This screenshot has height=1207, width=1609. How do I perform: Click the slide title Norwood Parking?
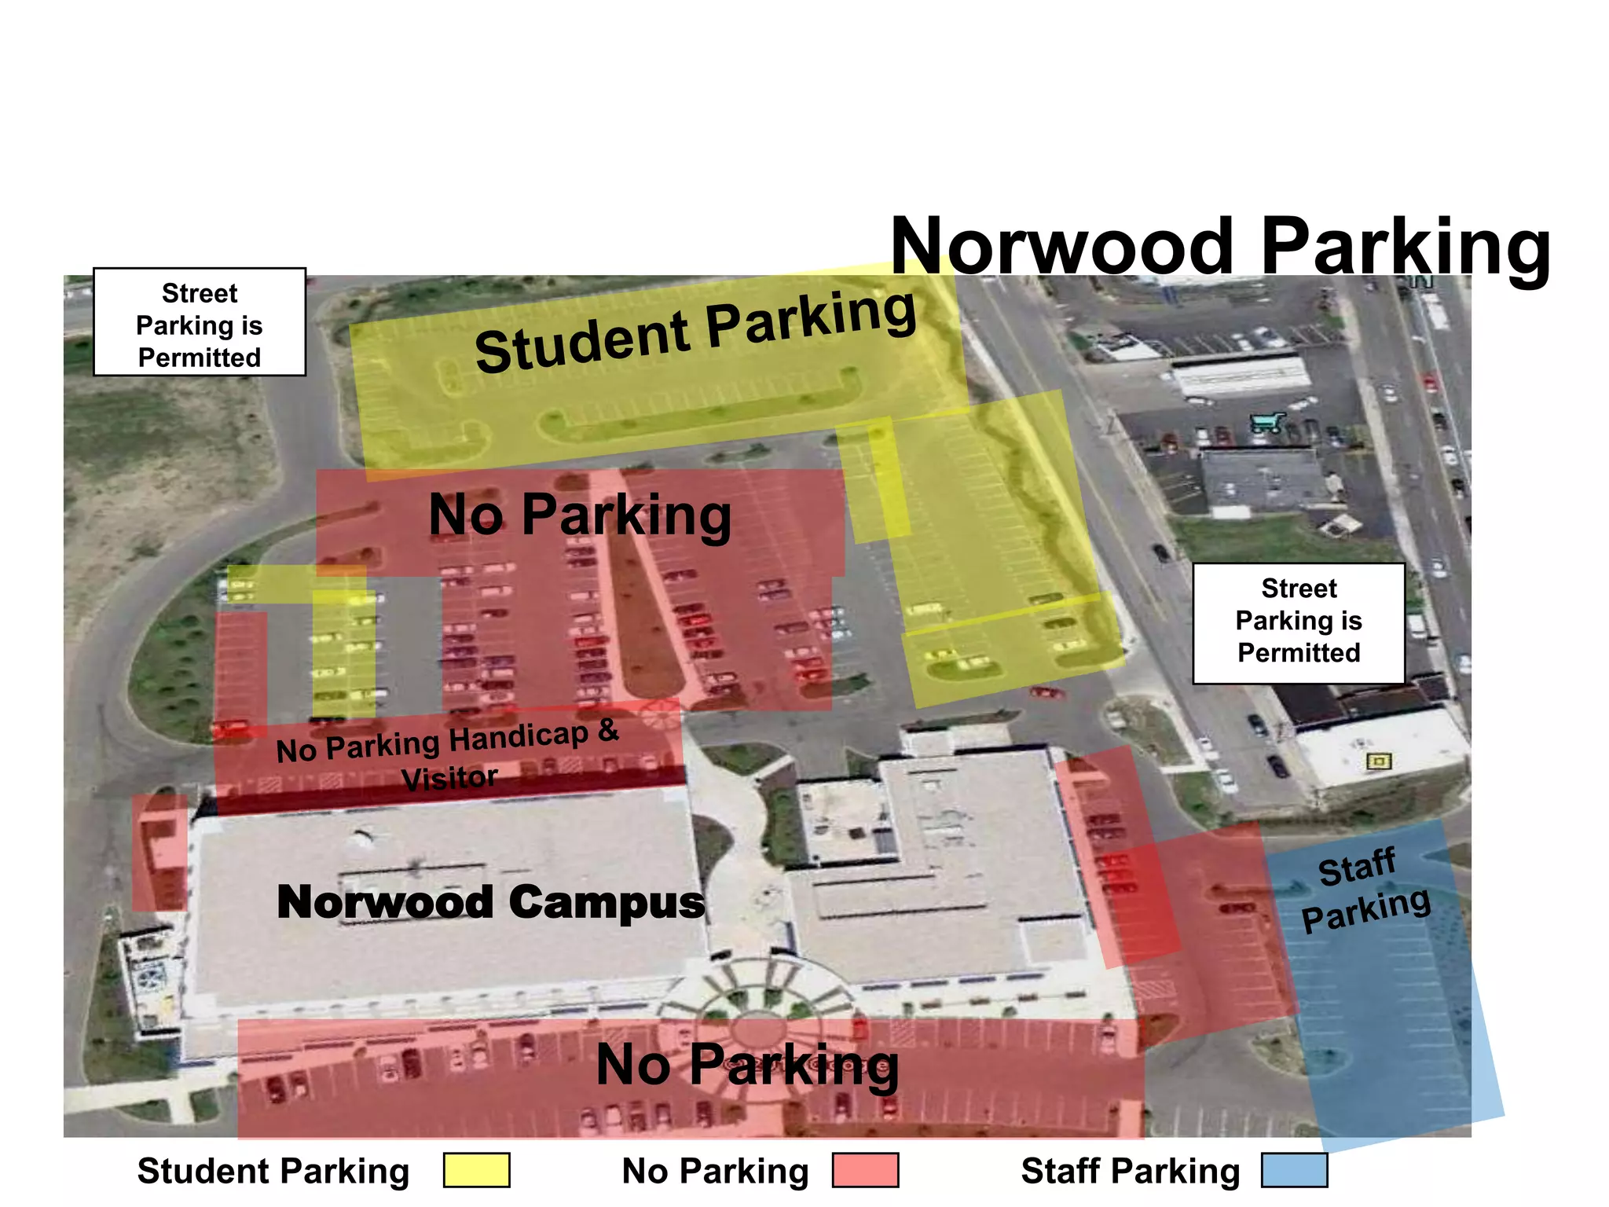(1220, 246)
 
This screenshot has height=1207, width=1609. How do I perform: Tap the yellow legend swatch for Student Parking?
(476, 1170)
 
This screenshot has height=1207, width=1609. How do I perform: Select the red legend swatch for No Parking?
(865, 1170)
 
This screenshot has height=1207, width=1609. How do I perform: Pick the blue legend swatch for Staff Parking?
(1294, 1170)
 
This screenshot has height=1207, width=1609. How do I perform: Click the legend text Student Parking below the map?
(273, 1171)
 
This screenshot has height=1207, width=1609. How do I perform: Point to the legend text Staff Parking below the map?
(1130, 1171)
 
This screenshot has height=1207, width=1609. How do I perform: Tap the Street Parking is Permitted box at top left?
(200, 322)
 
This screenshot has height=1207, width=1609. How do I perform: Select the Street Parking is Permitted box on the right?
(1298, 622)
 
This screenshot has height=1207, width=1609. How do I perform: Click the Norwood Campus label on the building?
(491, 901)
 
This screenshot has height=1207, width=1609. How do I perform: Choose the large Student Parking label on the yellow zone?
(695, 332)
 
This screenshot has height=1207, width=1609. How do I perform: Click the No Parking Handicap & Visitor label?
(448, 753)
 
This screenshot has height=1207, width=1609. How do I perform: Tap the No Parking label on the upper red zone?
(580, 515)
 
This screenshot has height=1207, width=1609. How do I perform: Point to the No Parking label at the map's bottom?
(746, 1066)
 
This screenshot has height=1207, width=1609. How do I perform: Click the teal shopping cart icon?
(1266, 423)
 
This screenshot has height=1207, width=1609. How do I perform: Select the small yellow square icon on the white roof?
(1379, 761)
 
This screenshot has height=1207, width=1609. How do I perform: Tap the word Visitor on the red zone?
(449, 778)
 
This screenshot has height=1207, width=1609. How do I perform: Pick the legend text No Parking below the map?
(715, 1171)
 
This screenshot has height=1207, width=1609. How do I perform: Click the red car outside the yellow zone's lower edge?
(1046, 692)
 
